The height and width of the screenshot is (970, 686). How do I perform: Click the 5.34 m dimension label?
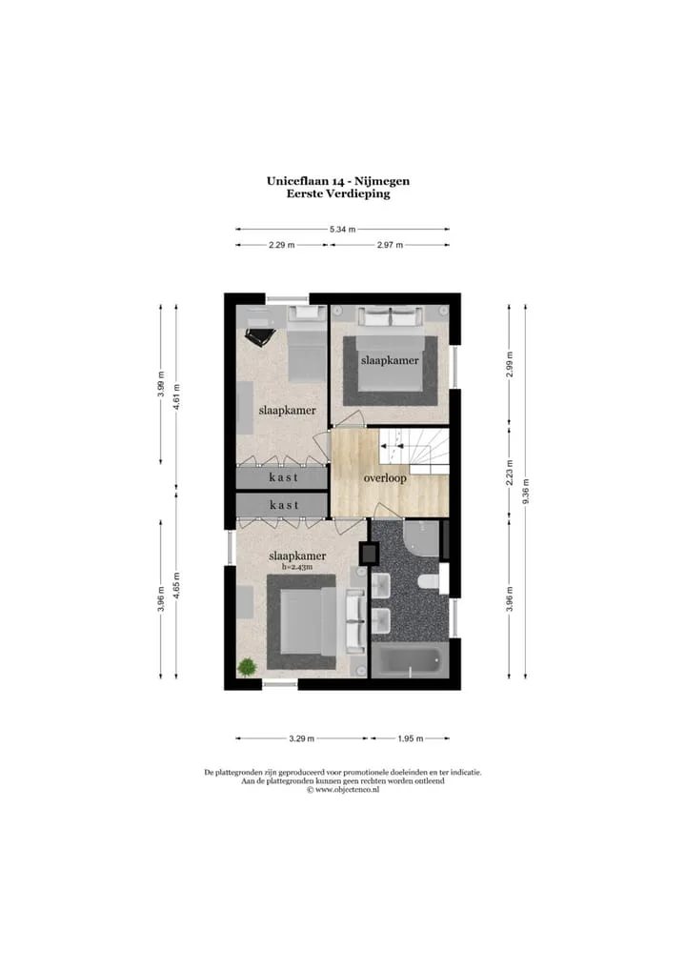[343, 229]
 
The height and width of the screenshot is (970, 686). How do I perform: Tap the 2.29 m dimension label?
[281, 244]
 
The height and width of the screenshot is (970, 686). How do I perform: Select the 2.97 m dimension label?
[390, 244]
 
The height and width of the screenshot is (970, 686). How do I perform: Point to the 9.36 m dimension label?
[526, 492]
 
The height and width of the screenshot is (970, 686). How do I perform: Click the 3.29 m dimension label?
[302, 738]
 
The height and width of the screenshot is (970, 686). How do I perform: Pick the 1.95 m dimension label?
[410, 738]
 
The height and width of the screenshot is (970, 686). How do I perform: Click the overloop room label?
[385, 478]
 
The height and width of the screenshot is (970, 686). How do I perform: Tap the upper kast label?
[284, 477]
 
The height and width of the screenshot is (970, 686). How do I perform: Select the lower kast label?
[284, 505]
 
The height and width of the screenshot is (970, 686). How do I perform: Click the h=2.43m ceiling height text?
[297, 566]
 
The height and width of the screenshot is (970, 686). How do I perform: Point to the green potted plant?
[247, 667]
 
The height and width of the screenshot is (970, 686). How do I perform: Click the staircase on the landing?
[414, 452]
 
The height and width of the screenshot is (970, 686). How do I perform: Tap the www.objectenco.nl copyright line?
[343, 789]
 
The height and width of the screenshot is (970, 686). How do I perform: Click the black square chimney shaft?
[369, 553]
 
